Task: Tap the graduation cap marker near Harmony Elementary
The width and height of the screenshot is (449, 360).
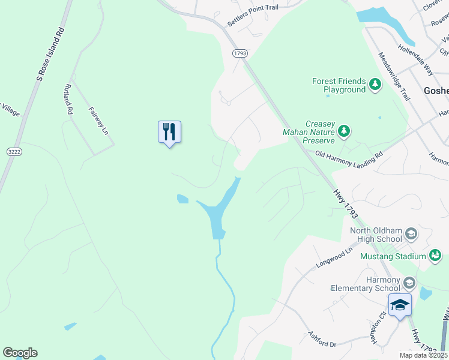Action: coord(400,305)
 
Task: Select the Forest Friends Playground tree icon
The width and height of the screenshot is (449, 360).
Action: coord(375,83)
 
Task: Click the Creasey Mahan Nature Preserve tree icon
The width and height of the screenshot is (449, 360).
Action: coord(344,130)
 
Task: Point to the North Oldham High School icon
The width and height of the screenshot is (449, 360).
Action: coord(411,233)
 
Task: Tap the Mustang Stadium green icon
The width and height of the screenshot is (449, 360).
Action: coord(435,256)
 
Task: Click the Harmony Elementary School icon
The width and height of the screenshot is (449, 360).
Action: coord(409,282)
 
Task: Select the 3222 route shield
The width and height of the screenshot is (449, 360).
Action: coord(14,152)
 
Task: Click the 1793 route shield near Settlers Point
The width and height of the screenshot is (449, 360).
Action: coord(240,53)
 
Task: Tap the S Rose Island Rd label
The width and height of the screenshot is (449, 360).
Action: coord(50,53)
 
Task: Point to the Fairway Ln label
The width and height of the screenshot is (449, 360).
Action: coord(98,121)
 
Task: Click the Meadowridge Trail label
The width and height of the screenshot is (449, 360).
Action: coord(394,76)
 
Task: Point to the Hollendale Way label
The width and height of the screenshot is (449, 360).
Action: coord(415,58)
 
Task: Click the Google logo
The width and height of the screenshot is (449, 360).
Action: coord(20,353)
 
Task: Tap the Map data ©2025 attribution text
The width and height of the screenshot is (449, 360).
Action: coord(424,355)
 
